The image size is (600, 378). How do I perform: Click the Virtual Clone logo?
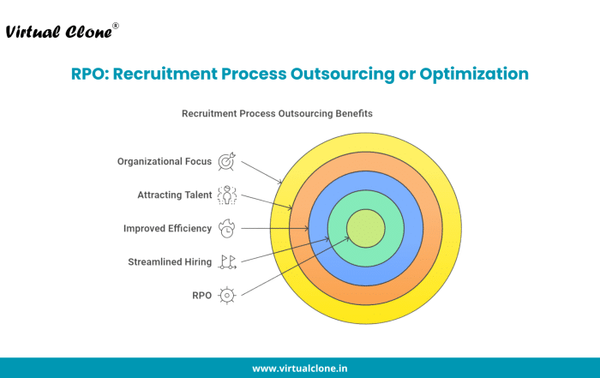point(62,32)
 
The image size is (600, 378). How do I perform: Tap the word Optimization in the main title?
point(474,74)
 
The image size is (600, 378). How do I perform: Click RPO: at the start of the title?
point(90,74)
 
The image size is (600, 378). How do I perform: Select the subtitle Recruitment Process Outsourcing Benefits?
point(277,114)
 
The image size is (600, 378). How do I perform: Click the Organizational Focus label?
point(165,161)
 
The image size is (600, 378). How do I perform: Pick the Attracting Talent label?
point(175,195)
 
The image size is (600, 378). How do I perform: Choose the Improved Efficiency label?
point(167,228)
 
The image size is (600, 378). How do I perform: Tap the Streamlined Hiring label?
point(170,262)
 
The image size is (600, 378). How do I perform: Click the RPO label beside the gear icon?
point(201,296)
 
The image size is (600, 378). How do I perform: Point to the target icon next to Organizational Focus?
point(227,161)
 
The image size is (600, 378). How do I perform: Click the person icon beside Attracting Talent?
point(227,195)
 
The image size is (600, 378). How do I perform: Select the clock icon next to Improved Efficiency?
point(227,228)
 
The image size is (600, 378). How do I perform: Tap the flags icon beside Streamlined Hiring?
point(227,262)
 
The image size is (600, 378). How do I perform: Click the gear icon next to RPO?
point(227,296)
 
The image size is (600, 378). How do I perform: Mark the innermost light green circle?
point(366,228)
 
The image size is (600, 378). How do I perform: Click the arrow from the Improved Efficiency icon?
point(275,228)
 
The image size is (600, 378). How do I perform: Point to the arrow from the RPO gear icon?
point(296,267)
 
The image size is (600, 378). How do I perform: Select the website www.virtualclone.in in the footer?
point(300,369)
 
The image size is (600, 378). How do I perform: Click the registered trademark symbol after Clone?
point(116,26)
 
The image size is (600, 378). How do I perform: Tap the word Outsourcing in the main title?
point(343,74)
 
